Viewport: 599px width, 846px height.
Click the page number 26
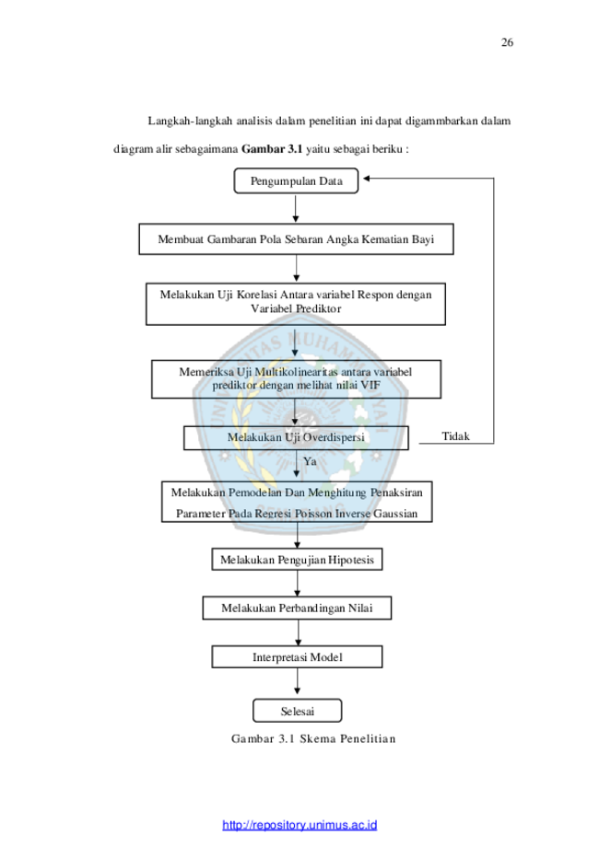[507, 42]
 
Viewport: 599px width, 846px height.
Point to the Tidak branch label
[456, 436]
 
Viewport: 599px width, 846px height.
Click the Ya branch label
[310, 461]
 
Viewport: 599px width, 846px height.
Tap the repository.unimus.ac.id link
[299, 825]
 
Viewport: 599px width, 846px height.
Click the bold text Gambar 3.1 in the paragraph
[272, 149]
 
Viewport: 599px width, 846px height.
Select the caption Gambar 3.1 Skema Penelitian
[313, 738]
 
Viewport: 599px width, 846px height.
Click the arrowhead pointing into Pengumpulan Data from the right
[366, 178]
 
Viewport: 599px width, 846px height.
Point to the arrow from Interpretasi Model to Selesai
[297, 681]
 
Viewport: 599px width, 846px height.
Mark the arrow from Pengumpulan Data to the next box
[296, 208]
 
